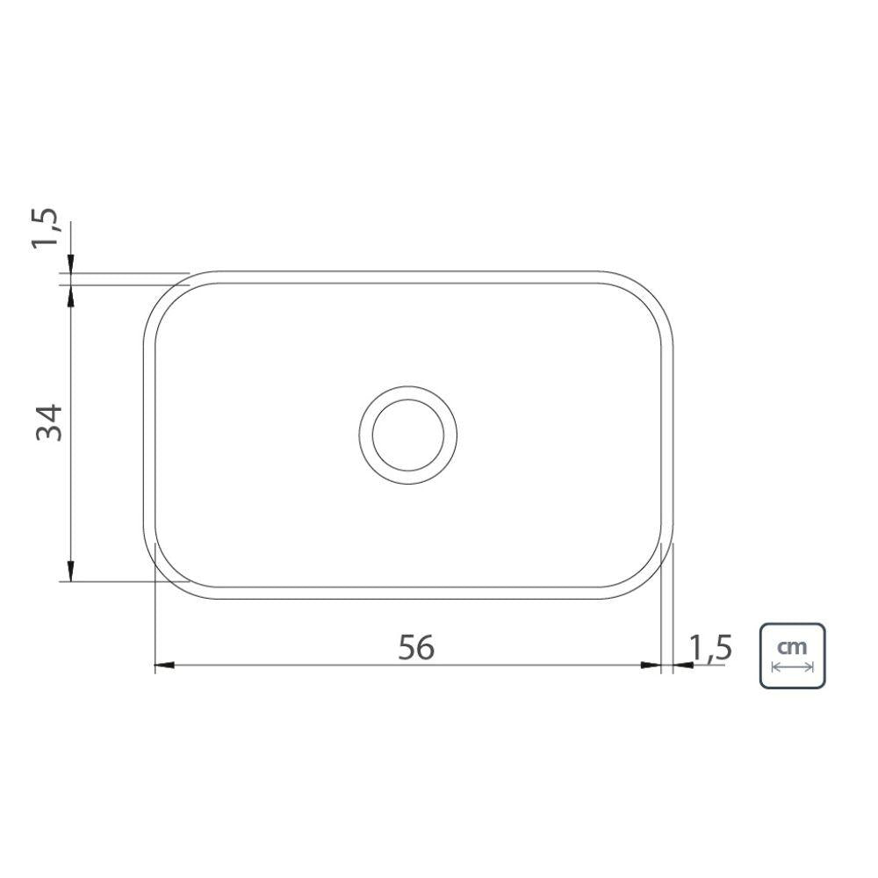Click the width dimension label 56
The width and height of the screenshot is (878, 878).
(416, 648)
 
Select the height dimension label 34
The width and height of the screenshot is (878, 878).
(50, 422)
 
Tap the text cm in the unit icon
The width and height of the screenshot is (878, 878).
(792, 646)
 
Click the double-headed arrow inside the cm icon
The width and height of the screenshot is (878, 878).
(792, 667)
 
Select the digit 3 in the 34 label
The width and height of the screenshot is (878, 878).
(50, 433)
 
